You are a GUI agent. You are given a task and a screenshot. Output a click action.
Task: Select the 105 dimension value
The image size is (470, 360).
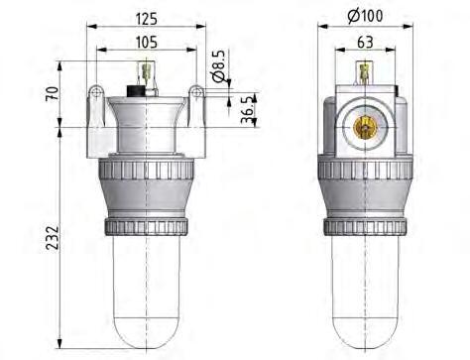[148, 42]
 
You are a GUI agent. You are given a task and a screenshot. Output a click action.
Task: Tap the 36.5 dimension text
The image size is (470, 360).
[246, 108]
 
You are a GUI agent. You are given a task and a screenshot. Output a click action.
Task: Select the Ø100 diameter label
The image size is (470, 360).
[365, 17]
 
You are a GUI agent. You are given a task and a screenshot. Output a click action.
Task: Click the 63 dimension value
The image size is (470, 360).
[365, 42]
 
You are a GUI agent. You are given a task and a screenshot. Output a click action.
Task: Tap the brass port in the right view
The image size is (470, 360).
[365, 126]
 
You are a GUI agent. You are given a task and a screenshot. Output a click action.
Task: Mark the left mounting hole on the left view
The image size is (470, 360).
[96, 93]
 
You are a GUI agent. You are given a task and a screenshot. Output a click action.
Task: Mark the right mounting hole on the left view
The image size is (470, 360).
[197, 93]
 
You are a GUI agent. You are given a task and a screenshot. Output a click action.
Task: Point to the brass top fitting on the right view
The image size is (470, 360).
[365, 72]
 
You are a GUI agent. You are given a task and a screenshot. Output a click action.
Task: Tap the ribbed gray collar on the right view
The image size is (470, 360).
[365, 188]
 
